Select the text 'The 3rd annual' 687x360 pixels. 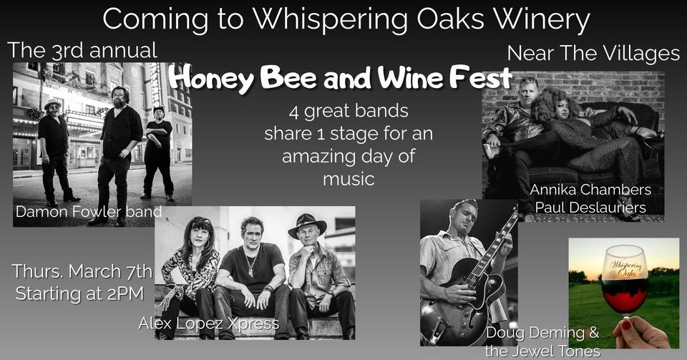pyautogui.click(x=82, y=50)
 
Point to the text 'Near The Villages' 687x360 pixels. pyautogui.click(x=593, y=54)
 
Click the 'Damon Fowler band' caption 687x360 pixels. pyautogui.click(x=89, y=212)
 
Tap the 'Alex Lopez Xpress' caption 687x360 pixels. pyautogui.click(x=208, y=323)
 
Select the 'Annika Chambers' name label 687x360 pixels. pyautogui.click(x=590, y=190)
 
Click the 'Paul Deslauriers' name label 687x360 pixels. pyautogui.click(x=590, y=207)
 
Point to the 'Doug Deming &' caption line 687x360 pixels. pyautogui.click(x=542, y=333)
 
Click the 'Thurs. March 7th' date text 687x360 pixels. pyautogui.click(x=82, y=271)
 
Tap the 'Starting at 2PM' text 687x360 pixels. pyautogui.click(x=79, y=293)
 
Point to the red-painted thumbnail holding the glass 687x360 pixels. pyautogui.click(x=625, y=325)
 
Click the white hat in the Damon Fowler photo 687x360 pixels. pyautogui.click(x=53, y=103)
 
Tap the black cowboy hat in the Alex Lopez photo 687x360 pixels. pyautogui.click(x=307, y=225)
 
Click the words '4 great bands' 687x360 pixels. pyautogui.click(x=349, y=111)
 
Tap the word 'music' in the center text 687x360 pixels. pyautogui.click(x=349, y=179)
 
